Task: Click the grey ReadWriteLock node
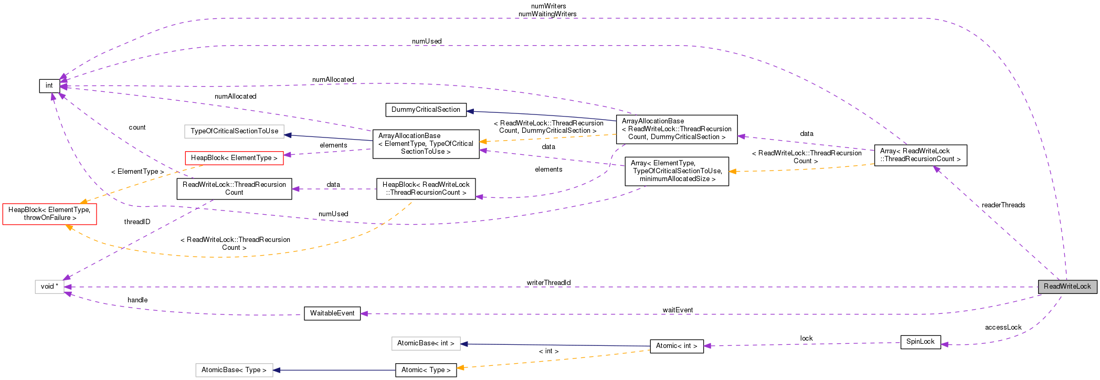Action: click(x=1067, y=287)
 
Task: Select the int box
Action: click(x=49, y=86)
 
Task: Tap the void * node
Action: click(x=49, y=287)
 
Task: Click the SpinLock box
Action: click(x=920, y=342)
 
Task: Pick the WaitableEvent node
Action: click(x=332, y=313)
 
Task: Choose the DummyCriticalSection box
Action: click(x=426, y=110)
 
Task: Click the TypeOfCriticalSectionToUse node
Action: click(x=234, y=131)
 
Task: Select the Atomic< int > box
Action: click(x=676, y=346)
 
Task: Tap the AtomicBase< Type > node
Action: click(x=234, y=370)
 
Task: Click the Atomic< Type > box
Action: click(x=426, y=370)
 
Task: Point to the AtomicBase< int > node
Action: click(x=426, y=343)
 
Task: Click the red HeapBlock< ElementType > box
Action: click(x=234, y=158)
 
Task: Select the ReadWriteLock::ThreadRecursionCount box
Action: click(x=234, y=189)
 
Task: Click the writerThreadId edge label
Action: click(x=548, y=283)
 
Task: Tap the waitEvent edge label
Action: click(x=677, y=310)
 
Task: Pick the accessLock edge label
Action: click(x=1003, y=328)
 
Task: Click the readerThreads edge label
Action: click(x=1003, y=205)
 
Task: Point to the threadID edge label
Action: click(x=137, y=222)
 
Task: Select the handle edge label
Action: click(x=137, y=300)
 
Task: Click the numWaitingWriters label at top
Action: click(x=547, y=14)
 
